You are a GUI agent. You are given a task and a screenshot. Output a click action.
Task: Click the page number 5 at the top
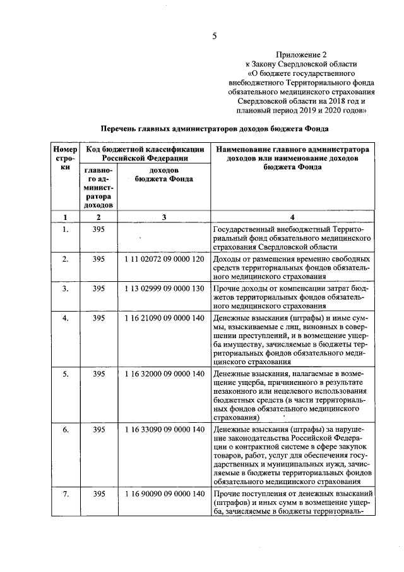point(214,35)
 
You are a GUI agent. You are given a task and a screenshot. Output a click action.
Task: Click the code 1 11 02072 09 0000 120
point(163,259)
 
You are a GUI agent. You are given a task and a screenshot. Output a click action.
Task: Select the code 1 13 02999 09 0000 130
point(163,288)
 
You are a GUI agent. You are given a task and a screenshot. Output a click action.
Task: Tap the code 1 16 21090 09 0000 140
point(163,318)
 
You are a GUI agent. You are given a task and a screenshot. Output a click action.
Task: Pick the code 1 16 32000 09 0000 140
point(163,374)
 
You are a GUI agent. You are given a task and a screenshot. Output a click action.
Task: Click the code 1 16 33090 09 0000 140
point(163,430)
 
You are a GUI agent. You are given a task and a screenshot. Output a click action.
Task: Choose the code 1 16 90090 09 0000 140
point(163,493)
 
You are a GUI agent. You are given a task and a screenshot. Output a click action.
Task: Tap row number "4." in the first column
point(64,318)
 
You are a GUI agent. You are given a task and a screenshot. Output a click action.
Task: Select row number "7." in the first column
point(64,493)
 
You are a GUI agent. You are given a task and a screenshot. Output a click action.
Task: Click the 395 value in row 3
point(98,288)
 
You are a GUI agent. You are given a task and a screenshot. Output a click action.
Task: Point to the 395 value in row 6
point(98,430)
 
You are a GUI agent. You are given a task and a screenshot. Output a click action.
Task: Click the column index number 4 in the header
point(292,217)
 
